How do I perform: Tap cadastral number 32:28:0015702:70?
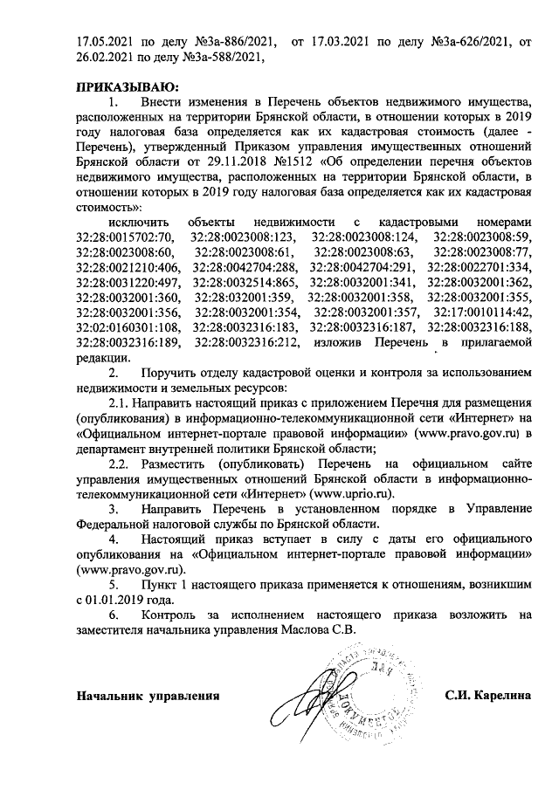pyautogui.click(x=126, y=237)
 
